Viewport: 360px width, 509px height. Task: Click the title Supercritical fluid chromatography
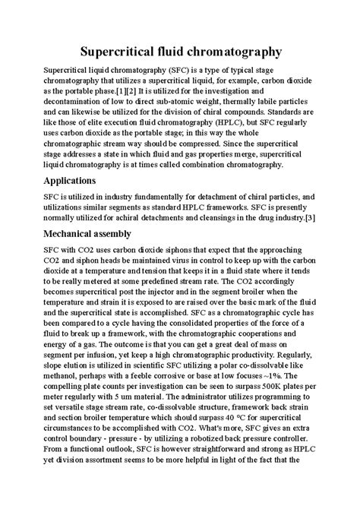tap(180, 52)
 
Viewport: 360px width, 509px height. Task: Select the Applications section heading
tap(54, 182)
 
